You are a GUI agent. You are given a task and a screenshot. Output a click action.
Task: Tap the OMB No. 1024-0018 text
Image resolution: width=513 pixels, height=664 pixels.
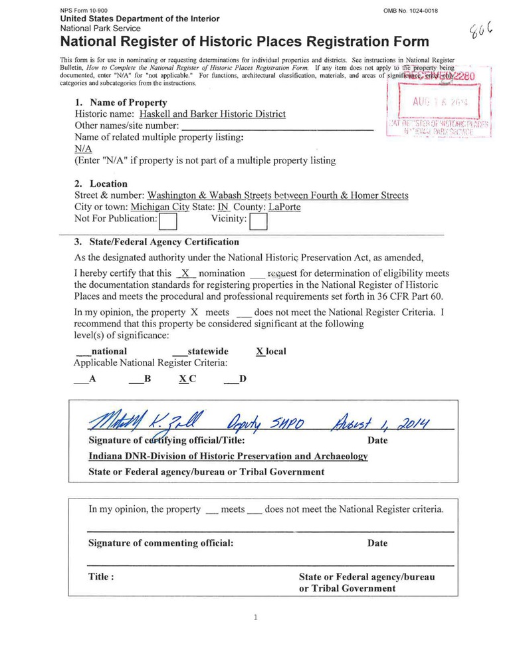[x=411, y=11]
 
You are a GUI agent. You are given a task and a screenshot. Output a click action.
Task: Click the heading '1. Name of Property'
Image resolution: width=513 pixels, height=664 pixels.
[x=120, y=102]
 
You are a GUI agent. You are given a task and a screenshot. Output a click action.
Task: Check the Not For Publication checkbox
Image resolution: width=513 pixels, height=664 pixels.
[x=168, y=220]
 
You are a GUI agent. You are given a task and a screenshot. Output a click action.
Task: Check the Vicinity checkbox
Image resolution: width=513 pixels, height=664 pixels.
[x=258, y=220]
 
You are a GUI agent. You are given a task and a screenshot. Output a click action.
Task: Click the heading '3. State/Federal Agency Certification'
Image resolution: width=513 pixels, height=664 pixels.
[x=157, y=242]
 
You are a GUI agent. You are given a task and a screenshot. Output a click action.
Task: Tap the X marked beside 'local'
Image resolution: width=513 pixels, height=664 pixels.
[x=260, y=351]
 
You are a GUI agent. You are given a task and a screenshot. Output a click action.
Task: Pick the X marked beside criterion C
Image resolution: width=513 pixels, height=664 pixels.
[x=183, y=379]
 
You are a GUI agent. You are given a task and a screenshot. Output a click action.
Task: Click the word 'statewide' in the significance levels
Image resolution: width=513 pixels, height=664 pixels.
[x=207, y=351]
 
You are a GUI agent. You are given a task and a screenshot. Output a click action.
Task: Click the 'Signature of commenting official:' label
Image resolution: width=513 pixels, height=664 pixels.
[x=161, y=543]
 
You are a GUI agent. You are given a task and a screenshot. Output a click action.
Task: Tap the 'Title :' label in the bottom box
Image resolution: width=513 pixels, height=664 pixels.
[x=101, y=577]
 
